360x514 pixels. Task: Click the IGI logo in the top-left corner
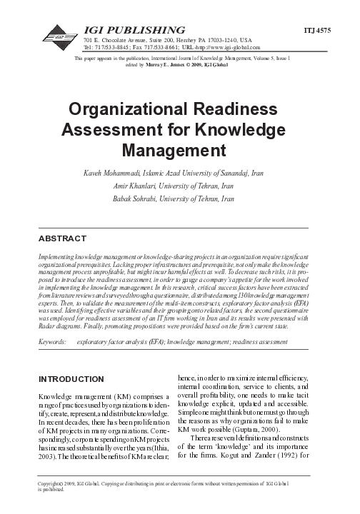click(x=59, y=33)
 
